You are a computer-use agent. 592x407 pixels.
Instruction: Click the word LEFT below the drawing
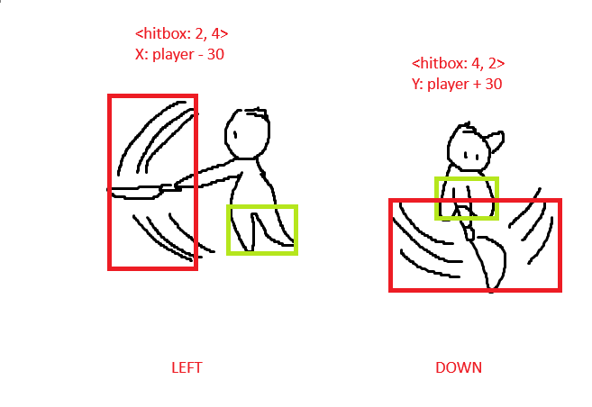coord(187,367)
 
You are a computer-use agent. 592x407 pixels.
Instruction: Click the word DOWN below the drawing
coord(459,367)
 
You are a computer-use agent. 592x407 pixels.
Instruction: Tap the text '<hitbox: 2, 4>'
coord(182,33)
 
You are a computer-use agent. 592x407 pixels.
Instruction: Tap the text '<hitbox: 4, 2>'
coord(458,63)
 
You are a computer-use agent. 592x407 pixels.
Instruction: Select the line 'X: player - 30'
coord(179,54)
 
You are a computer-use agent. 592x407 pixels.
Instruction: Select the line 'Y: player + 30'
coord(457,84)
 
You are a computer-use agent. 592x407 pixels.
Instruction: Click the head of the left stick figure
coord(247,134)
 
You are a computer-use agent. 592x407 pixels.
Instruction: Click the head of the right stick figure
coord(469,149)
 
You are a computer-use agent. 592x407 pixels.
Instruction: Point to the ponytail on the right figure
coord(496,141)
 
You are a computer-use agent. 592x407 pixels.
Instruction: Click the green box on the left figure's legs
coord(262,207)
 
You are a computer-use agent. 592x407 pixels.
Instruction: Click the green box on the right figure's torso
coord(467,179)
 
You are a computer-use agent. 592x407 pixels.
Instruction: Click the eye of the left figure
coord(235,134)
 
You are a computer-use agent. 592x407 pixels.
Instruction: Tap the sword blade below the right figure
coord(490,263)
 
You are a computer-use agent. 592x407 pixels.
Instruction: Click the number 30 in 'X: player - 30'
coord(215,54)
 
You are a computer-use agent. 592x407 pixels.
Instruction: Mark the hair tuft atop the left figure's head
coord(257,112)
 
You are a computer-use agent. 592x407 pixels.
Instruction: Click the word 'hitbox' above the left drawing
coord(163,33)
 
